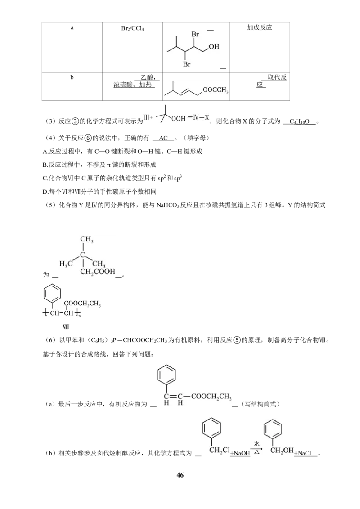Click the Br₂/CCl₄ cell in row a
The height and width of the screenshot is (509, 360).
pyautogui.click(x=132, y=29)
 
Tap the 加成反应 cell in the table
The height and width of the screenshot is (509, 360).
pyautogui.click(x=259, y=27)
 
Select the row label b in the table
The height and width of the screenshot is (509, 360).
pyautogui.click(x=72, y=77)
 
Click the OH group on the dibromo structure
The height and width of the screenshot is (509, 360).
pyautogui.click(x=214, y=46)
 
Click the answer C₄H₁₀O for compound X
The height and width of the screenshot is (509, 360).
pyautogui.click(x=299, y=121)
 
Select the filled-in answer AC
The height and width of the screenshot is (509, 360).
pyautogui.click(x=163, y=138)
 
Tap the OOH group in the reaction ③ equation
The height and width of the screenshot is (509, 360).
pyautogui.click(x=178, y=119)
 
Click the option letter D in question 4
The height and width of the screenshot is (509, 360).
pyautogui.click(x=45, y=192)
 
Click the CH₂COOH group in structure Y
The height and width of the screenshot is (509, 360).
pyautogui.click(x=98, y=272)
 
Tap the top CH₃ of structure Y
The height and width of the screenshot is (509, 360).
pyautogui.click(x=87, y=240)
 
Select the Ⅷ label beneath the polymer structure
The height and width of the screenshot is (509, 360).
pyautogui.click(x=66, y=326)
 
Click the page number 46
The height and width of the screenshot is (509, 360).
pyautogui.click(x=180, y=475)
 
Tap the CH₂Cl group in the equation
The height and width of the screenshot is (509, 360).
pyautogui.click(x=220, y=451)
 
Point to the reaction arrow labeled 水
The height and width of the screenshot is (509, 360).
pyautogui.click(x=257, y=449)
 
